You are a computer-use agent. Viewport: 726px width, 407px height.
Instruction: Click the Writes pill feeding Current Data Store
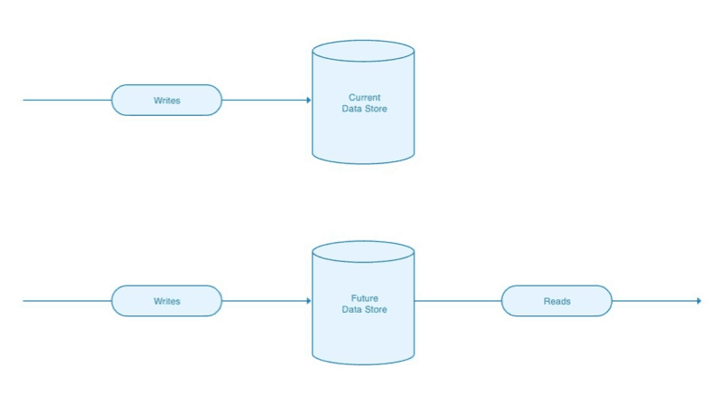coord(166,101)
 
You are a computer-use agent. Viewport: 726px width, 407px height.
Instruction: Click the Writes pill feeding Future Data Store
coord(166,301)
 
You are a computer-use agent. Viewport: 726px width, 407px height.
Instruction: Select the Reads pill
coord(556,301)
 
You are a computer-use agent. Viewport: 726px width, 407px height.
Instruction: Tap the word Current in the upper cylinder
coord(363,97)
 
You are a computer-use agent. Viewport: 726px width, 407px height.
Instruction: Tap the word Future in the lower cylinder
coord(363,297)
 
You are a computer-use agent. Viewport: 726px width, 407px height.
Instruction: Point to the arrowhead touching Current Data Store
coord(308,101)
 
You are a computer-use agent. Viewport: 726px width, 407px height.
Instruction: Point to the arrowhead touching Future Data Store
coord(308,301)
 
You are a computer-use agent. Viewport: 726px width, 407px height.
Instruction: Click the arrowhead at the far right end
coord(698,301)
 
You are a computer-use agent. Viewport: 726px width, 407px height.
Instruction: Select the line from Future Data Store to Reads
coord(457,301)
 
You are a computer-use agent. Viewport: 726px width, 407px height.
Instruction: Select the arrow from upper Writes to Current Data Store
coord(263,101)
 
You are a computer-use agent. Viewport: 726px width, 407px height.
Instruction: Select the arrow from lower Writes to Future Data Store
coord(263,301)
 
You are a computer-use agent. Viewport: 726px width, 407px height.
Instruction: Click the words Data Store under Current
coord(363,109)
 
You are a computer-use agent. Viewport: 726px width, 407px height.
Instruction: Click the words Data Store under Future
coord(363,309)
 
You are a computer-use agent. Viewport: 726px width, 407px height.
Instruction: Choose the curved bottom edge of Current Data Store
coord(363,163)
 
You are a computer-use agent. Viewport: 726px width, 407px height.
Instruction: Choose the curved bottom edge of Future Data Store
coord(363,363)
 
